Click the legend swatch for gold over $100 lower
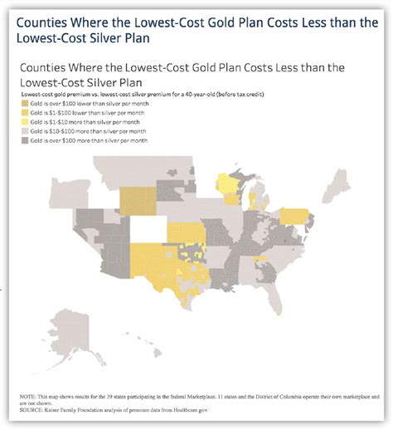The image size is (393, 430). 25,105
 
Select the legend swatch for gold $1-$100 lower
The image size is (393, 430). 25,113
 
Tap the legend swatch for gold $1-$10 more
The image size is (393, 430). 25,121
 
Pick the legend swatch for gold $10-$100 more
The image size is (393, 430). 25,130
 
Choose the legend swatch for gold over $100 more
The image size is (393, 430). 25,139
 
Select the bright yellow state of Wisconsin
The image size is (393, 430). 226,192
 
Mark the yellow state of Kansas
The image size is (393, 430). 186,233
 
